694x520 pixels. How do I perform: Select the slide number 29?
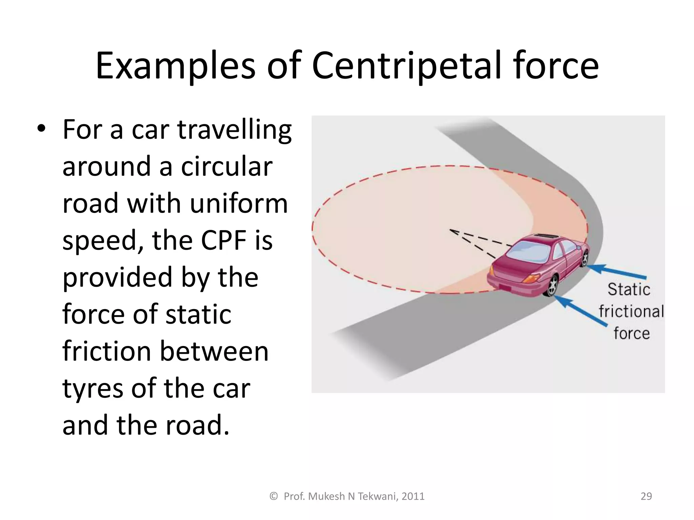(x=646, y=496)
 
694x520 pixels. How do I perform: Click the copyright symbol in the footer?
(x=273, y=496)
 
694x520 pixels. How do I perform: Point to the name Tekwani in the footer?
(x=378, y=496)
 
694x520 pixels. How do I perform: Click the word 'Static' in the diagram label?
(x=629, y=289)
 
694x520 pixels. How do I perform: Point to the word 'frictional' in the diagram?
(x=631, y=311)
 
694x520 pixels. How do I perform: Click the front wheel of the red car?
(x=585, y=258)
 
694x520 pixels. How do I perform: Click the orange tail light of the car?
(x=531, y=278)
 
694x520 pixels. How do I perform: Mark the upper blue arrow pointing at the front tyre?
(x=617, y=272)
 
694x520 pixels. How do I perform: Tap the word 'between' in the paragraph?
(x=214, y=351)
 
